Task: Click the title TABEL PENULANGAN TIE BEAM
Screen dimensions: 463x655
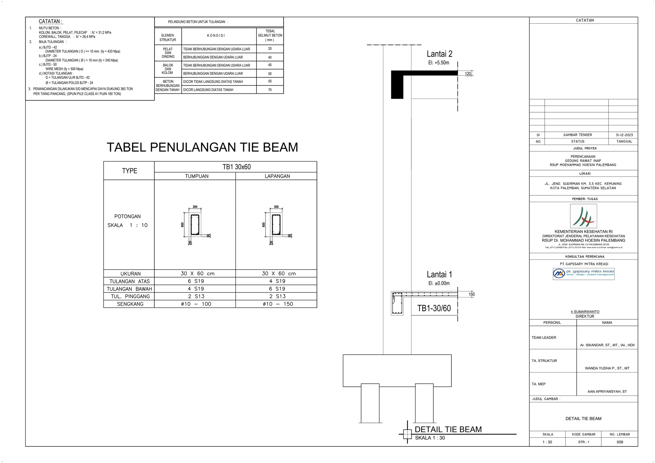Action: pyautogui.click(x=202, y=147)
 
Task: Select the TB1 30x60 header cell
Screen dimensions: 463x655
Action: pyautogui.click(x=236, y=167)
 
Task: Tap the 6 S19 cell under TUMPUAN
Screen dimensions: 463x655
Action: pyautogui.click(x=196, y=281)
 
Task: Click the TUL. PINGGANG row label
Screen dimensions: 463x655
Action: pyautogui.click(x=130, y=296)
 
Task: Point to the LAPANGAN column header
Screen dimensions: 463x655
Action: pyautogui.click(x=277, y=176)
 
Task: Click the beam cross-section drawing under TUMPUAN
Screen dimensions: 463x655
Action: pyautogui.click(x=195, y=225)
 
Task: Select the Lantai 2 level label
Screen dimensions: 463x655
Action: pyautogui.click(x=439, y=54)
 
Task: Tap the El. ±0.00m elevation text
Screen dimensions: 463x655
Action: pyautogui.click(x=439, y=283)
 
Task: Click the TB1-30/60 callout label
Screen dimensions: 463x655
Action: pyautogui.click(x=434, y=308)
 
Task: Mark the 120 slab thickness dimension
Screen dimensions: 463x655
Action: pyautogui.click(x=468, y=74)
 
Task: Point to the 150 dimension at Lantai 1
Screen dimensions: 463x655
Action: pyautogui.click(x=471, y=294)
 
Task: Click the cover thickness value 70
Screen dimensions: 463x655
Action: pyautogui.click(x=270, y=90)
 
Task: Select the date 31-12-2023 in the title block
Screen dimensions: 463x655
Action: pyautogui.click(x=624, y=135)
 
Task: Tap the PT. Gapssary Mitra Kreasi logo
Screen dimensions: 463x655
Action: pyautogui.click(x=583, y=274)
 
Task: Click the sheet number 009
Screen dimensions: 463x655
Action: pyautogui.click(x=620, y=442)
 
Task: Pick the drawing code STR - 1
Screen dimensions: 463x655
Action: pyautogui.click(x=584, y=442)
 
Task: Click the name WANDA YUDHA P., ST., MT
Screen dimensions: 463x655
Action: pyautogui.click(x=607, y=368)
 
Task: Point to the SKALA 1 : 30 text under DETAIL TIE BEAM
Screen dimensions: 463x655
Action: pyautogui.click(x=430, y=438)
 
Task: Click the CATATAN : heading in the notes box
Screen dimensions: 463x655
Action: pyautogui.click(x=51, y=21)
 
